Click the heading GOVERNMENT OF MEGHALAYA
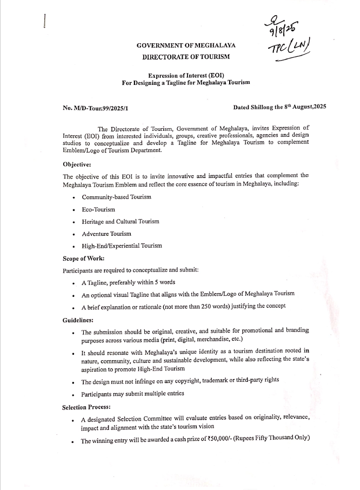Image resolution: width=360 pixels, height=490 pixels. [x=186, y=46]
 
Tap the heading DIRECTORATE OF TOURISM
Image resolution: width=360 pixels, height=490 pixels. [x=186, y=56]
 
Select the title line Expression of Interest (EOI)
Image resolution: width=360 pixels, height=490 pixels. [x=186, y=74]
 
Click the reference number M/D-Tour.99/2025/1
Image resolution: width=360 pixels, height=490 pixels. [x=95, y=108]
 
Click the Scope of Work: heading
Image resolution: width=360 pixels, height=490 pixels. [x=83, y=259]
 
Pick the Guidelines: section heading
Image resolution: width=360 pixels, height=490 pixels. [x=78, y=320]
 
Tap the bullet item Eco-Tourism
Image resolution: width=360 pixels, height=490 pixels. [x=98, y=209]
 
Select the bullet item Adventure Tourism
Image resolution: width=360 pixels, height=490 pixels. [x=106, y=234]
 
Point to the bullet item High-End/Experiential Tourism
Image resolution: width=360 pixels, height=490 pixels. [x=122, y=246]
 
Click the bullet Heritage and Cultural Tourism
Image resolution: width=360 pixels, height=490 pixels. [x=121, y=221]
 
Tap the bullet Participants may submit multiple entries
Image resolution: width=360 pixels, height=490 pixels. [x=132, y=393]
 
